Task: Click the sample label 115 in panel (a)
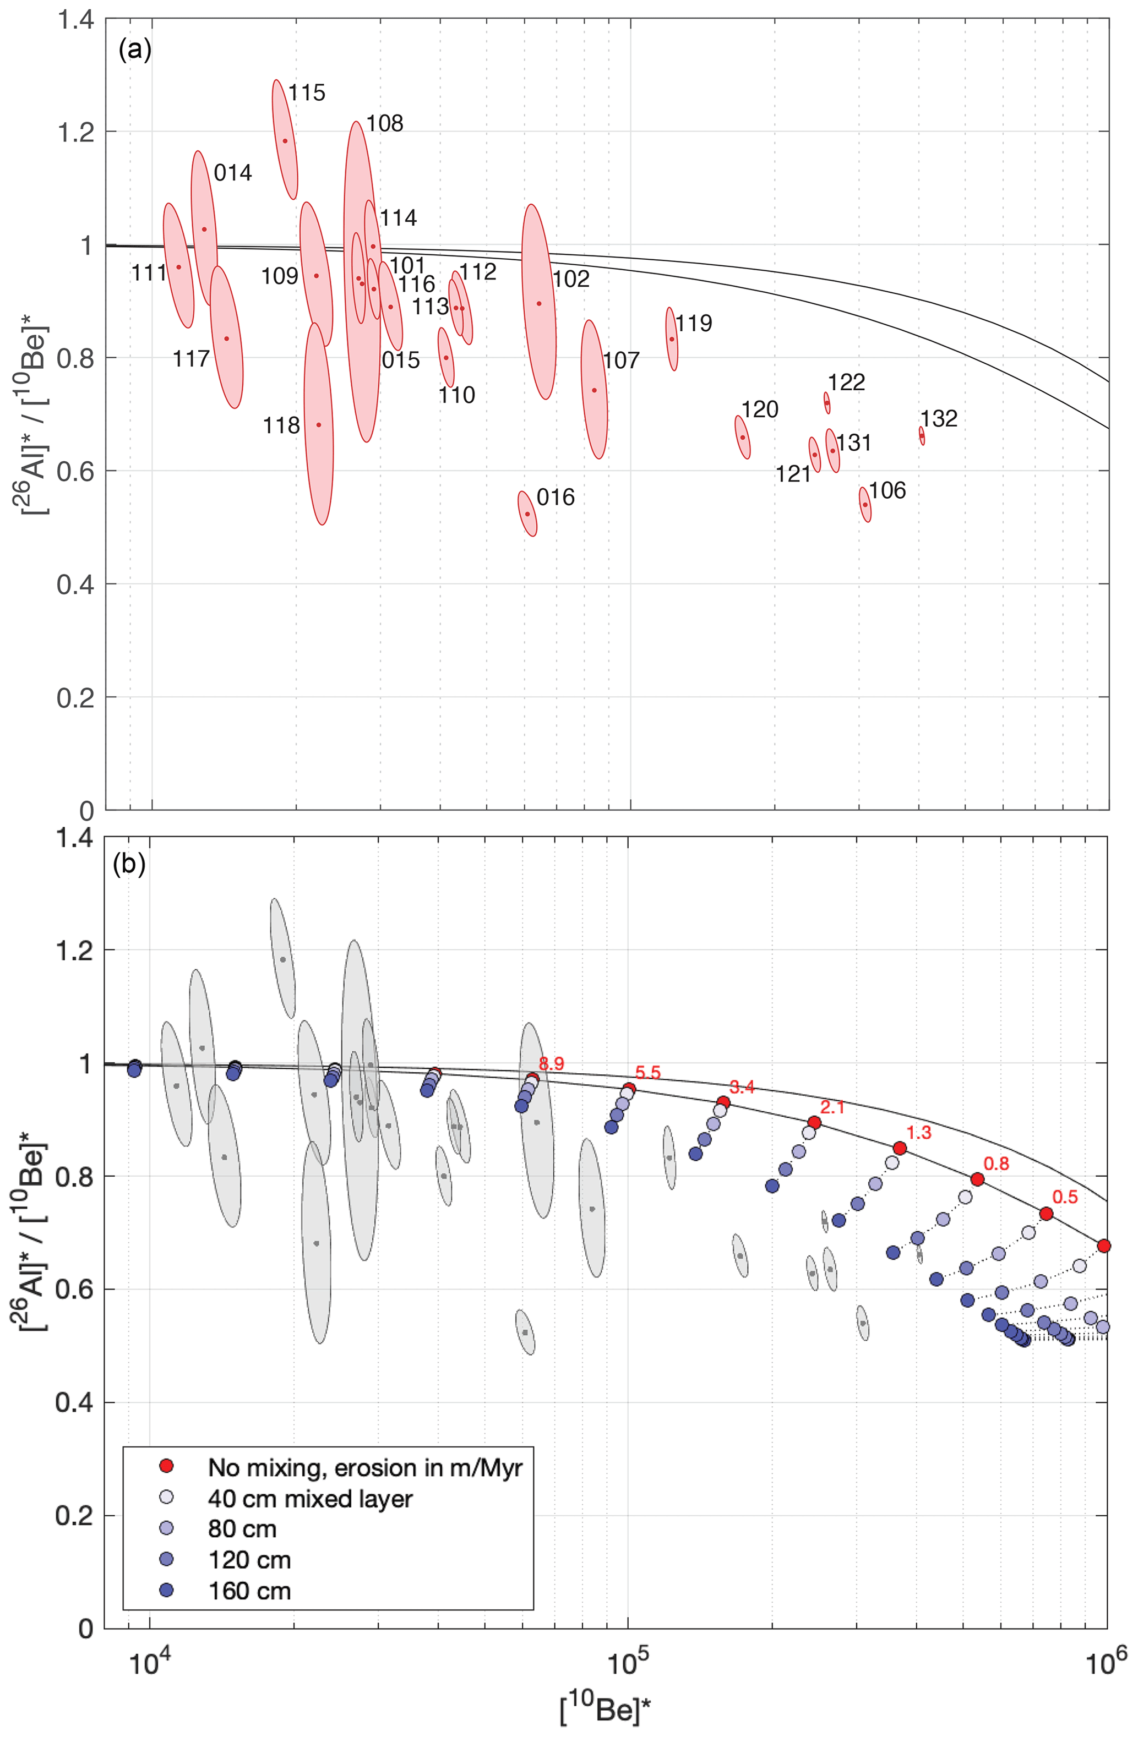click(x=306, y=92)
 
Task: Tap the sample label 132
click(x=938, y=418)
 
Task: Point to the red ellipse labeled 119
click(x=672, y=338)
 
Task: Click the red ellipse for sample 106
click(x=865, y=504)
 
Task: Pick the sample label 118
click(x=281, y=425)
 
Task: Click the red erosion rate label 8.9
click(x=551, y=1063)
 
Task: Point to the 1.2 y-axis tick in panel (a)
click(x=76, y=132)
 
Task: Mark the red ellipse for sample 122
click(x=827, y=403)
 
